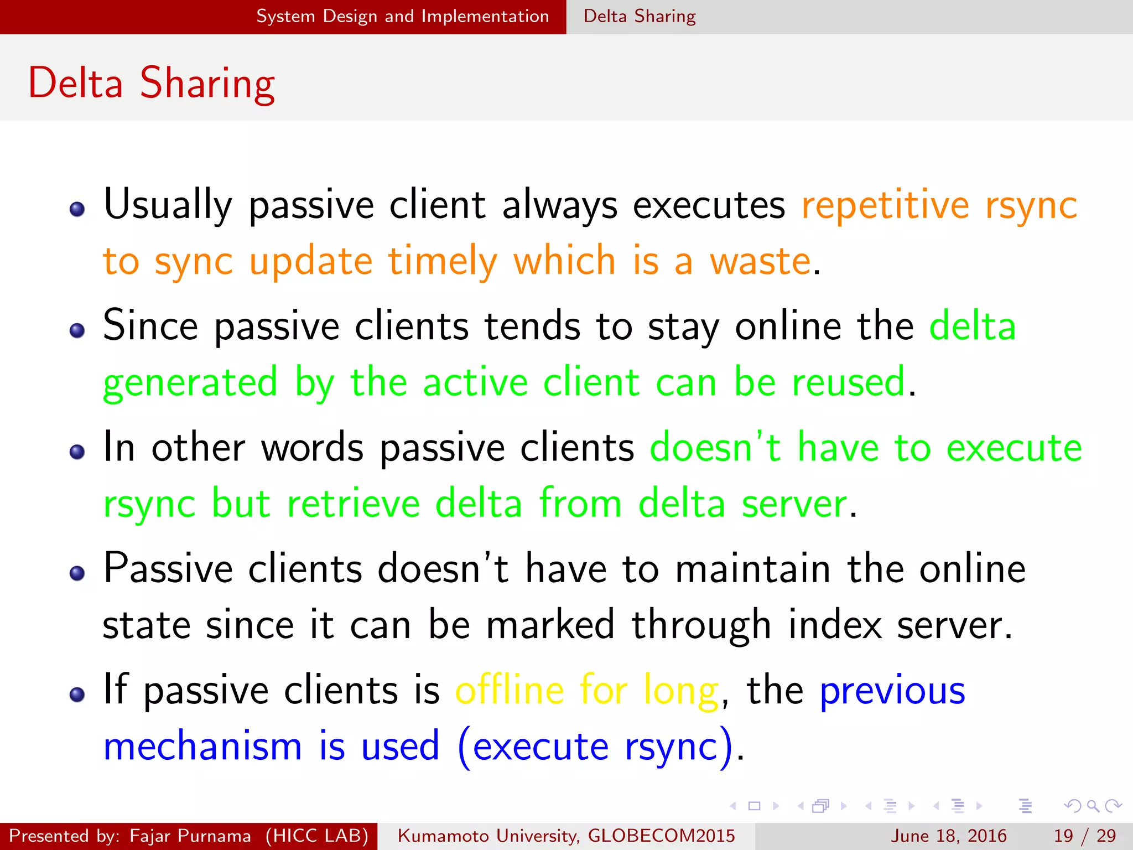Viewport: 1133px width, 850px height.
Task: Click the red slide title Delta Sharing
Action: tap(152, 83)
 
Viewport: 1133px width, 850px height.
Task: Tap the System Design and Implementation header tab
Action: tap(402, 17)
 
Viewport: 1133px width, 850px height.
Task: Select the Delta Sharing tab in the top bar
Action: tap(640, 17)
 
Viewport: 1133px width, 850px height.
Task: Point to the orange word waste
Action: tap(760, 261)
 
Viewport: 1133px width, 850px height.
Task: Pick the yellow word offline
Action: tap(510, 691)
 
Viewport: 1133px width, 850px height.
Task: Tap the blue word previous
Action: tap(892, 691)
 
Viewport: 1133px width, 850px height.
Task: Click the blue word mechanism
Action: tap(202, 747)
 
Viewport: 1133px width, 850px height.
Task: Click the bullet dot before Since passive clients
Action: tap(77, 330)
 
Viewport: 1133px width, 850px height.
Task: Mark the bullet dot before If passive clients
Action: tap(77, 694)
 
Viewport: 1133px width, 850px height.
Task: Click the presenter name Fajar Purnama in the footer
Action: tap(190, 836)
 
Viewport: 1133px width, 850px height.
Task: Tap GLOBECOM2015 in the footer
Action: tap(661, 836)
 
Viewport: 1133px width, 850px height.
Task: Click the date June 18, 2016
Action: tap(948, 836)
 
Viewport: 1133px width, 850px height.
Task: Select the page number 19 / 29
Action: tap(1084, 836)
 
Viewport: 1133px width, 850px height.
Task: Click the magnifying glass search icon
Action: tap(1093, 806)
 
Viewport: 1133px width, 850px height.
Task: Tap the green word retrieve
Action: tap(354, 504)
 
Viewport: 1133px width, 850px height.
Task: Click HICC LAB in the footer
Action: tap(317, 836)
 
